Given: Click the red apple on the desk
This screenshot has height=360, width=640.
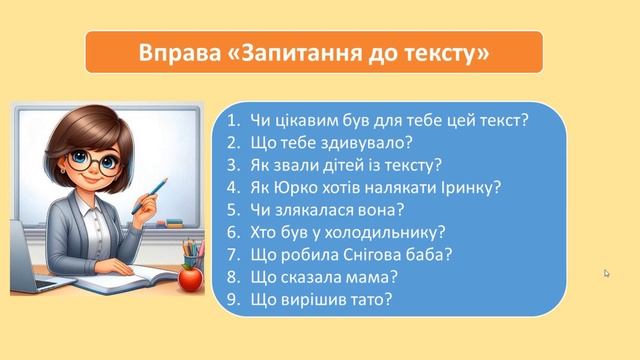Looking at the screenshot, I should pyautogui.click(x=190, y=277).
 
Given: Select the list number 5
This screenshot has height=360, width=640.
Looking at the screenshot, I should pyautogui.click(x=232, y=209).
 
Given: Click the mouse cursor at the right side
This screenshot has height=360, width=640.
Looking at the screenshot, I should pyautogui.click(x=607, y=272).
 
